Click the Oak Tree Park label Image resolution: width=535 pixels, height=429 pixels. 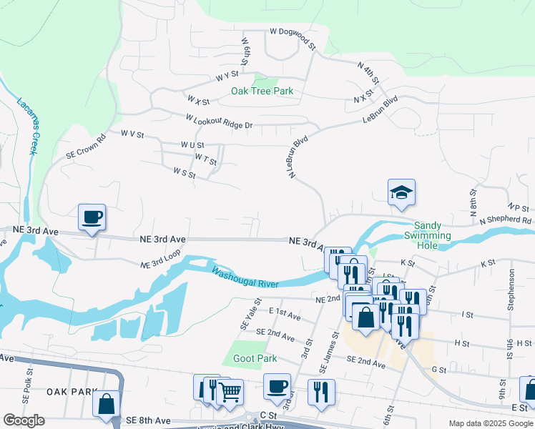262,92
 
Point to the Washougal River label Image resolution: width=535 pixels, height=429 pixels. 245,277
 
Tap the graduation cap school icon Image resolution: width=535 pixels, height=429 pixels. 402,192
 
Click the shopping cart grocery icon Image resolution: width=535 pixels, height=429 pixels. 230,391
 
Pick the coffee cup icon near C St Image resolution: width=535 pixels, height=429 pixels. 277,386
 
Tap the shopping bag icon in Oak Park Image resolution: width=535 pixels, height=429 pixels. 106,403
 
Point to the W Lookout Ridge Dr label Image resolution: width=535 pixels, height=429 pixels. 219,122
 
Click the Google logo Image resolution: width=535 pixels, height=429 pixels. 24,420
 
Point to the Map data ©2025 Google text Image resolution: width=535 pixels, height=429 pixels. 490,423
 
